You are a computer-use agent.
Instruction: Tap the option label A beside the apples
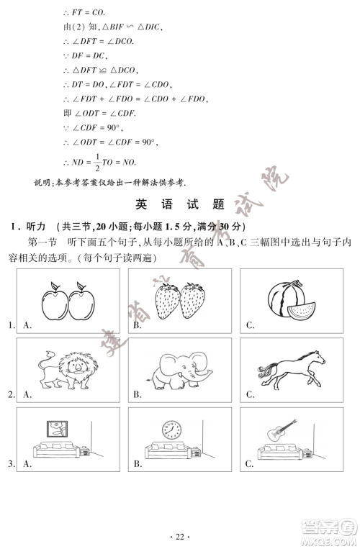tap(27, 326)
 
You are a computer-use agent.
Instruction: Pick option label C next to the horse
tap(250, 394)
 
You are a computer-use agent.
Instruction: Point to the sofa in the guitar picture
tap(276, 452)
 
